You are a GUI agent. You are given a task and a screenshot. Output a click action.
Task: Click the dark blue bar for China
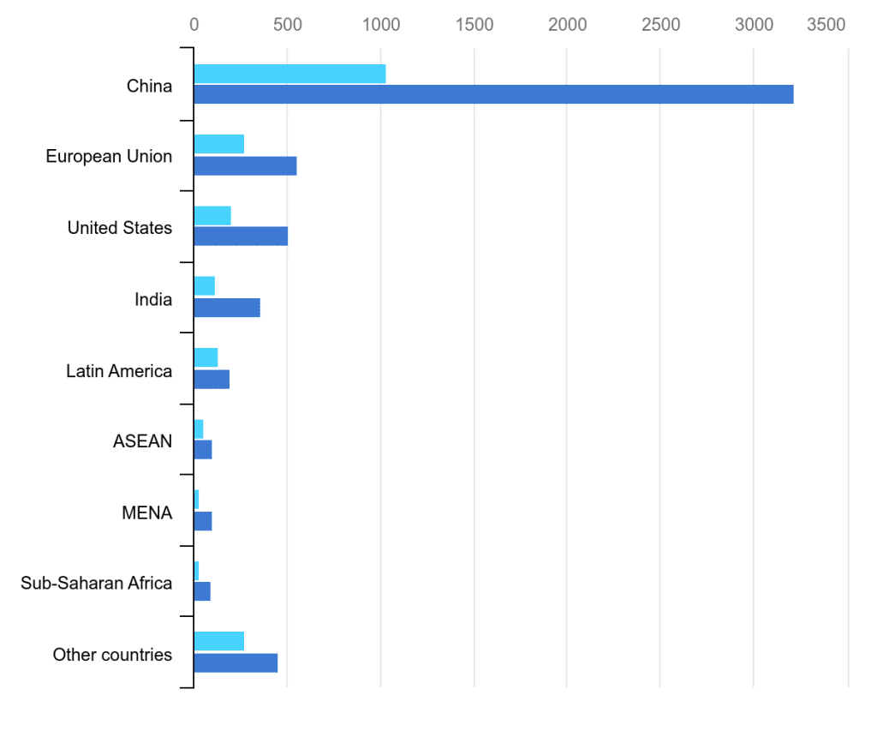pyautogui.click(x=493, y=94)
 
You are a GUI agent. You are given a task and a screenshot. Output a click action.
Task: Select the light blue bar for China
pyautogui.click(x=289, y=74)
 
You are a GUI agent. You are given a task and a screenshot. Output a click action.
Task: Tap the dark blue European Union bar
pyautogui.click(x=245, y=165)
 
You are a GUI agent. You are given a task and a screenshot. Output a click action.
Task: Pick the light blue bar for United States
pyautogui.click(x=212, y=216)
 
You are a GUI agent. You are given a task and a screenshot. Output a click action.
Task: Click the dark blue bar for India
pyautogui.click(x=227, y=309)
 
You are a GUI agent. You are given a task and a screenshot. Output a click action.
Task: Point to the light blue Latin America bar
pyautogui.click(x=206, y=358)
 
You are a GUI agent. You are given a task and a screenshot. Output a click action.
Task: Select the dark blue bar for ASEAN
pyautogui.click(x=203, y=450)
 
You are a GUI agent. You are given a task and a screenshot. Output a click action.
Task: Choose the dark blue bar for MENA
pyautogui.click(x=203, y=521)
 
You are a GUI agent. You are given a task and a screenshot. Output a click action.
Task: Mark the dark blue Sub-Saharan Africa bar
pyautogui.click(x=202, y=591)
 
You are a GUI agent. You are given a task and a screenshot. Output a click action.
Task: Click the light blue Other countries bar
pyautogui.click(x=219, y=641)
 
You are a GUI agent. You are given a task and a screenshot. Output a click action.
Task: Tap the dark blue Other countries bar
pyautogui.click(x=236, y=662)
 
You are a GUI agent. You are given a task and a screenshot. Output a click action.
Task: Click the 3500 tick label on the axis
pyautogui.click(x=826, y=25)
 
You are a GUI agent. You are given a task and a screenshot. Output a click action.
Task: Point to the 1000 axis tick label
pyautogui.click(x=380, y=25)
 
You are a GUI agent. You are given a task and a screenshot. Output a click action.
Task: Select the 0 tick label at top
pyautogui.click(x=194, y=25)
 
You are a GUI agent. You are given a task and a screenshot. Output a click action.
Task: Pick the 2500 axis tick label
pyautogui.click(x=659, y=25)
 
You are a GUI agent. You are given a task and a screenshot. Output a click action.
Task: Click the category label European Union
pyautogui.click(x=109, y=157)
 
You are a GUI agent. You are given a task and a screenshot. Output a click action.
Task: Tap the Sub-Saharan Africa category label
pyautogui.click(x=96, y=584)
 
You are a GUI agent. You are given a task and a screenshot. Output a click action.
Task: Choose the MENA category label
pyautogui.click(x=146, y=513)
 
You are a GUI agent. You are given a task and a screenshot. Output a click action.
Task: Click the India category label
pyautogui.click(x=152, y=300)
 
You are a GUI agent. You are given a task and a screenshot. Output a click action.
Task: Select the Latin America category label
pyautogui.click(x=119, y=371)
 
